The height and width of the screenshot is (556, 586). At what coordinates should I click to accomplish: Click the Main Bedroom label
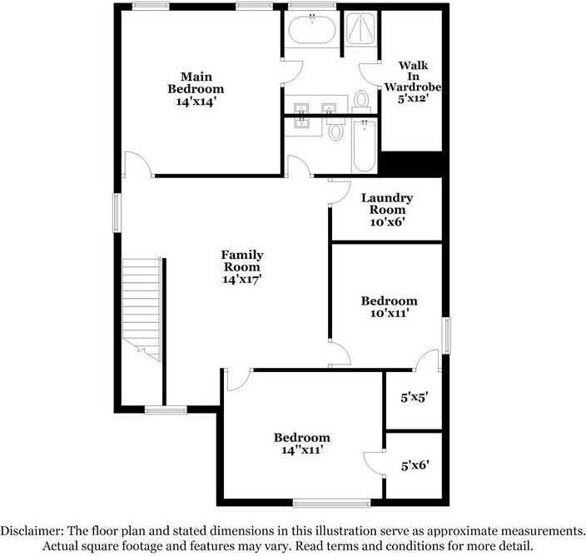(196, 82)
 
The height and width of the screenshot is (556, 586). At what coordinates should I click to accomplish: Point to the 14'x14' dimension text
(196, 101)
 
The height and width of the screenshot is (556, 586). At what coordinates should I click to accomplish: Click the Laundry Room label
(387, 204)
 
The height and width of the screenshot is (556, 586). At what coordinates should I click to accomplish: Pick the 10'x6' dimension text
(387, 222)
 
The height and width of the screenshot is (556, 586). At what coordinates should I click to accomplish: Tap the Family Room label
(242, 261)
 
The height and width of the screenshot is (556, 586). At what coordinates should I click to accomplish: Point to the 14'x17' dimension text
(242, 280)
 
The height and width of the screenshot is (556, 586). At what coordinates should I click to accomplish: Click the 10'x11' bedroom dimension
(389, 313)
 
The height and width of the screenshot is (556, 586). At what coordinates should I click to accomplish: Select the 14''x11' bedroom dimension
(302, 449)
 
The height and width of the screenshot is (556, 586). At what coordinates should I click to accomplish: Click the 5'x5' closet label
(415, 398)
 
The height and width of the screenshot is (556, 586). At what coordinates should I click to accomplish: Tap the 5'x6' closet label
(415, 466)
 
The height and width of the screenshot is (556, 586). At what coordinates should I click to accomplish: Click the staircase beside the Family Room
(141, 308)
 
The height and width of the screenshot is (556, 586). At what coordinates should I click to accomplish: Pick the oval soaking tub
(312, 32)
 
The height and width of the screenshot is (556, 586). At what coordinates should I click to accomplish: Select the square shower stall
(362, 31)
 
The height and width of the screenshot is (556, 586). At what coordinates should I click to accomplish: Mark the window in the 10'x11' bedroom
(447, 335)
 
